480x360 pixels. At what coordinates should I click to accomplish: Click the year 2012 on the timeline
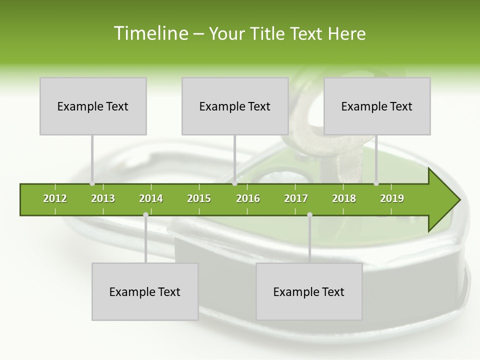pyautogui.click(x=55, y=198)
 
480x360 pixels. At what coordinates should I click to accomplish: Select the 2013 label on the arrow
pyautogui.click(x=103, y=198)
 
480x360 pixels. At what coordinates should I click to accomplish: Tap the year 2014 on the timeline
pyautogui.click(x=151, y=198)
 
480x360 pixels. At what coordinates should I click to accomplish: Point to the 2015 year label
pyautogui.click(x=199, y=198)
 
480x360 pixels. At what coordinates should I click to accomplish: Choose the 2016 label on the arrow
pyautogui.click(x=248, y=198)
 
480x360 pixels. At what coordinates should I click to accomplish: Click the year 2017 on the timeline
pyautogui.click(x=296, y=198)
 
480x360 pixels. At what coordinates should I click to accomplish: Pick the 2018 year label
pyautogui.click(x=344, y=198)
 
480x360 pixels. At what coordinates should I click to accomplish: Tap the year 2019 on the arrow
pyautogui.click(x=392, y=198)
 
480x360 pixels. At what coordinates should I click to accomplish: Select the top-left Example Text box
pyautogui.click(x=93, y=106)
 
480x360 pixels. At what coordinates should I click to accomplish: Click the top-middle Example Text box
pyautogui.click(x=235, y=106)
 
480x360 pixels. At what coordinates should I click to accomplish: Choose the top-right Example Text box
pyautogui.click(x=377, y=106)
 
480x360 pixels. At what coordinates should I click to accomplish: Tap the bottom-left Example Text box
pyautogui.click(x=145, y=291)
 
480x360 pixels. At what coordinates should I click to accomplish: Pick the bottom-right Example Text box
pyautogui.click(x=309, y=291)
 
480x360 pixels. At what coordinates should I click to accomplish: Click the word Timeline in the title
pyautogui.click(x=150, y=33)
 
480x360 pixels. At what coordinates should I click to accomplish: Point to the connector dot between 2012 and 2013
pyautogui.click(x=92, y=183)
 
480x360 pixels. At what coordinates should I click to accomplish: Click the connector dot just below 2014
pyautogui.click(x=145, y=215)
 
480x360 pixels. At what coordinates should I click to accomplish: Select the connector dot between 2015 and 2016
pyautogui.click(x=234, y=183)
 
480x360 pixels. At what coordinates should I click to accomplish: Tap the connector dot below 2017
pyautogui.click(x=309, y=215)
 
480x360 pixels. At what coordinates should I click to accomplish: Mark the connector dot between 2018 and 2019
pyautogui.click(x=376, y=183)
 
